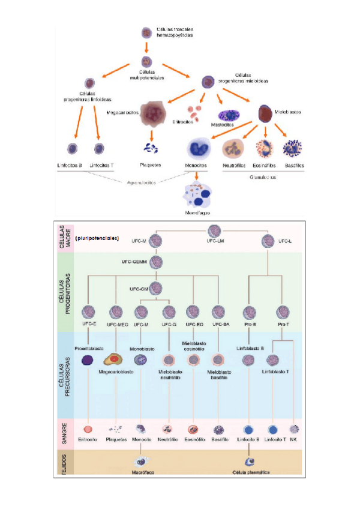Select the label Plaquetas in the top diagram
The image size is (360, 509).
pos(151,164)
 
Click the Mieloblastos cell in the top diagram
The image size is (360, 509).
pos(266,113)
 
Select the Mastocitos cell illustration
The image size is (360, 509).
pos(229,115)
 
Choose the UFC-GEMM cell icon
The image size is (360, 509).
pos(157,262)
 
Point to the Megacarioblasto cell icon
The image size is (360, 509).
pos(115,360)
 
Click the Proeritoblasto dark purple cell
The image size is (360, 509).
pos(88,360)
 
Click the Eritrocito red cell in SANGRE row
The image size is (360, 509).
pos(88,429)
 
